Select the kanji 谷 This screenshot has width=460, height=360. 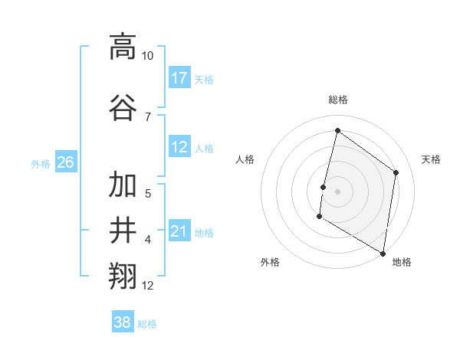[x=123, y=106]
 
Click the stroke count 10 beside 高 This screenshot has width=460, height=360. [x=148, y=56]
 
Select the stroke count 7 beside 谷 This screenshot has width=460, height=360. [x=147, y=116]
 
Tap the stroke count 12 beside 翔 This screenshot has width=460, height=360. [x=148, y=286]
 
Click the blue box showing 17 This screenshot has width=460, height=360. [x=179, y=78]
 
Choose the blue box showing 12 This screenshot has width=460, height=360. [x=179, y=147]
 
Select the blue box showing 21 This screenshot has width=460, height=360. [x=179, y=232]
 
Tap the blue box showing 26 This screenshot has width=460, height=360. [x=65, y=162]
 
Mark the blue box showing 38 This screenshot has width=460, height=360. [x=122, y=323]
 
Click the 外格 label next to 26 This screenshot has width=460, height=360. [x=41, y=163]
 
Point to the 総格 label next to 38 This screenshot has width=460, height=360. [x=147, y=324]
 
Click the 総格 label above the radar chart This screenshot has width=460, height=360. [x=337, y=100]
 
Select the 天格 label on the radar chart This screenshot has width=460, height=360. [x=431, y=159]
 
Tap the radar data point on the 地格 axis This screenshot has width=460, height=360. [x=383, y=253]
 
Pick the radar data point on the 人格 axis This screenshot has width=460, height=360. [x=324, y=187]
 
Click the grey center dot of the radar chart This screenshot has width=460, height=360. [x=337, y=191]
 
